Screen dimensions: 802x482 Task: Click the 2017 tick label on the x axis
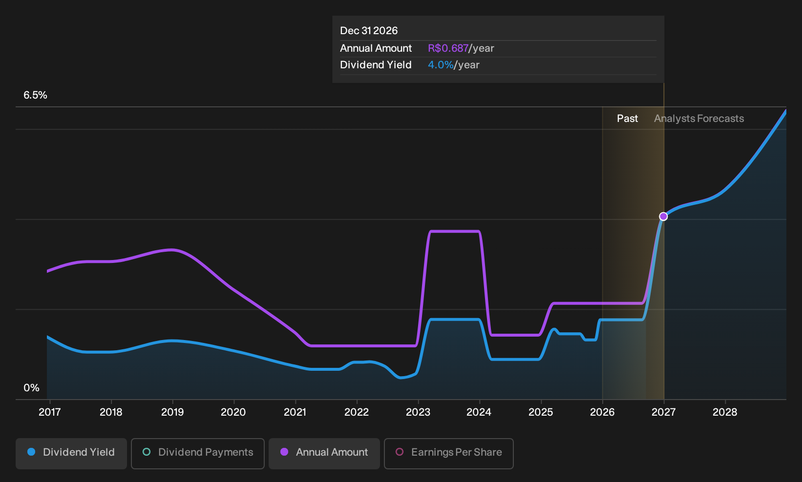pos(50,412)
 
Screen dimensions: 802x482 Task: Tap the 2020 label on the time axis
pos(233,412)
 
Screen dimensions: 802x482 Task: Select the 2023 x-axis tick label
pos(418,412)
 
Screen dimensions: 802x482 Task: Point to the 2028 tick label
pos(725,412)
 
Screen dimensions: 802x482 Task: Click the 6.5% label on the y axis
pos(35,95)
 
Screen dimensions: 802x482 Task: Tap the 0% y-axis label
pos(32,388)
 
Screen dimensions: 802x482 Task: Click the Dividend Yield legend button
pos(71,453)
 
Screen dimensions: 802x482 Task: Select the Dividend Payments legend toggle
pos(198,453)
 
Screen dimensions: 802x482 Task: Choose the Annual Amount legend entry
pos(324,453)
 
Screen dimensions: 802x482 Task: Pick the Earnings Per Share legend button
pos(448,453)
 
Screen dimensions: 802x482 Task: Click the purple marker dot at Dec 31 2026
pos(663,216)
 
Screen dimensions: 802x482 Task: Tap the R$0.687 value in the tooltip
pos(448,48)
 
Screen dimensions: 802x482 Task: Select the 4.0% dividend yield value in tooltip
pos(441,65)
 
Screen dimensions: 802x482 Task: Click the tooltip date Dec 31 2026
pos(369,31)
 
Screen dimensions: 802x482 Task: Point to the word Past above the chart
pos(627,119)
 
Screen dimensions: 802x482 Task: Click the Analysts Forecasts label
pos(699,119)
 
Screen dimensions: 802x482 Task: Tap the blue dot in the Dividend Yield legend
pos(32,452)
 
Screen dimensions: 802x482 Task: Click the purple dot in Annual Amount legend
pos(284,452)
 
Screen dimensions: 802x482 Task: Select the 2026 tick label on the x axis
pos(602,412)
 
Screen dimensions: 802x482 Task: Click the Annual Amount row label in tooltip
pos(376,48)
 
